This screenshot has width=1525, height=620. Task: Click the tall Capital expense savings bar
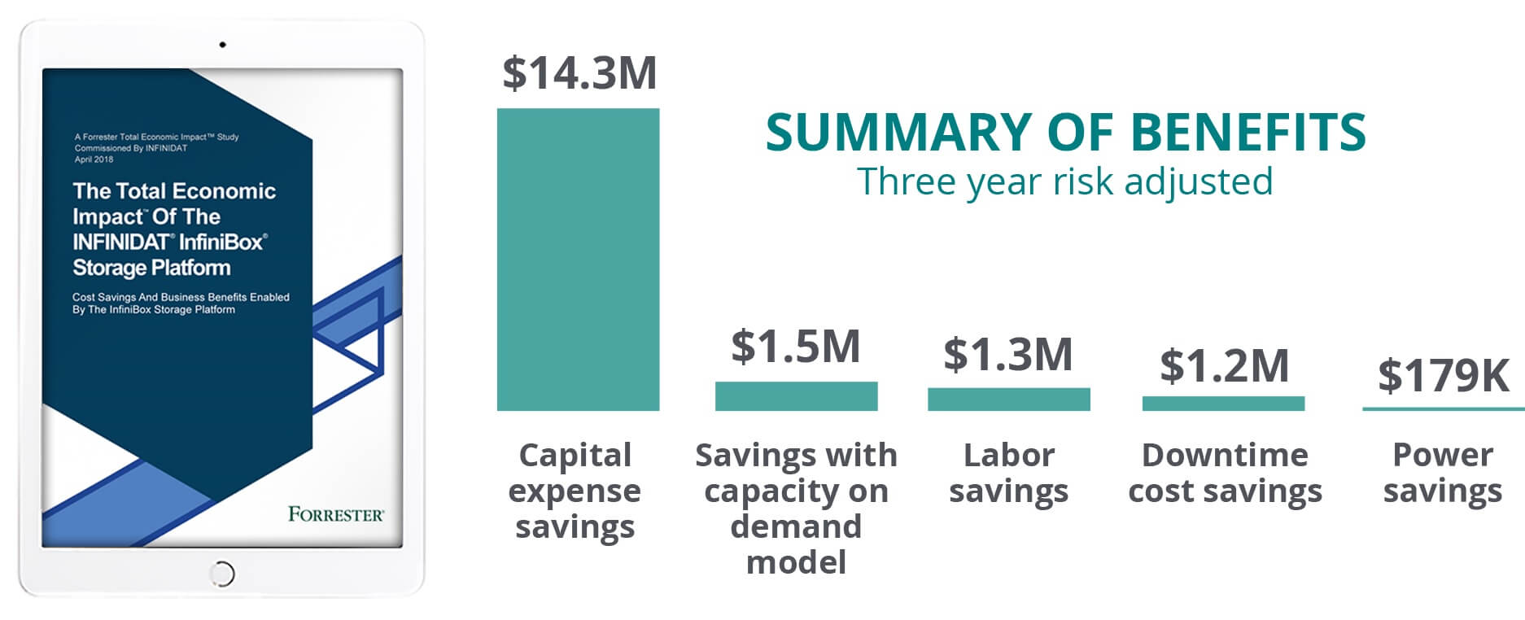click(x=578, y=259)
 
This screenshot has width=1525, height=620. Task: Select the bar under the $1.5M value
click(x=796, y=396)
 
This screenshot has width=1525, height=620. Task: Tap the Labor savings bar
click(x=1008, y=399)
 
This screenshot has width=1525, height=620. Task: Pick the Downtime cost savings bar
click(x=1223, y=404)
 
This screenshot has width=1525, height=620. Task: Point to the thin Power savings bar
click(x=1443, y=408)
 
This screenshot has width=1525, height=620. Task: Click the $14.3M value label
click(x=579, y=73)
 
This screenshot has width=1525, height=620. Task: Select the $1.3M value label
click(x=1008, y=354)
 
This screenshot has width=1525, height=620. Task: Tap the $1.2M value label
click(x=1224, y=365)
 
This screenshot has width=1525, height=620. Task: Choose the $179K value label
click(x=1443, y=375)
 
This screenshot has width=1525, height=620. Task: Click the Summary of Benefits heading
click(x=1065, y=133)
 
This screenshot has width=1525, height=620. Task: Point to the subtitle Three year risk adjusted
click(x=1064, y=181)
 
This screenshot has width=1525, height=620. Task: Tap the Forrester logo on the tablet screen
click(x=335, y=514)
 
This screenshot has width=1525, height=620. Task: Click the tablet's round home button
click(x=222, y=574)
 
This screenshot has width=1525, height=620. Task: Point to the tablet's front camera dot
click(x=222, y=45)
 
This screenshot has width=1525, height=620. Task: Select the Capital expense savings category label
click(x=575, y=491)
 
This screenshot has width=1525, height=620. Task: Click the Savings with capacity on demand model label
click(x=796, y=508)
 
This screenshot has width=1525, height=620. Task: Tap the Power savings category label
click(x=1443, y=473)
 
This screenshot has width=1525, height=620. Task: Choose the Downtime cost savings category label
click(x=1225, y=473)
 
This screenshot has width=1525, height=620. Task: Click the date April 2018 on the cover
click(x=94, y=159)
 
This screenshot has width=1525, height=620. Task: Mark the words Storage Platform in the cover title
click(x=151, y=268)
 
